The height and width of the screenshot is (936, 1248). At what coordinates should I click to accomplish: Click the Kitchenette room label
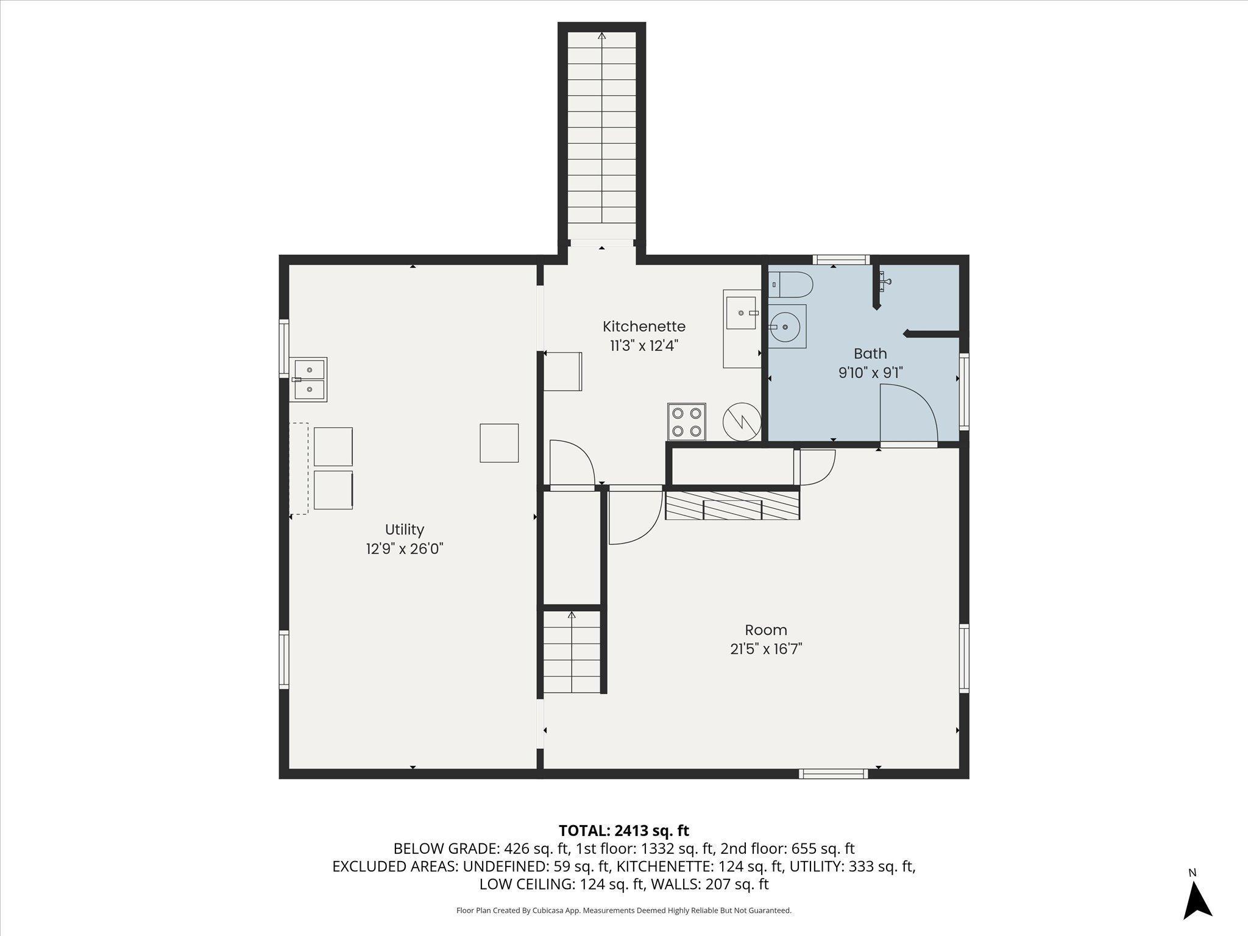tap(644, 327)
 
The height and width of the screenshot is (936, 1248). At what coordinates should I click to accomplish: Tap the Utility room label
tap(404, 530)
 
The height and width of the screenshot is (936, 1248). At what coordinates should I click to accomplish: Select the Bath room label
tap(870, 353)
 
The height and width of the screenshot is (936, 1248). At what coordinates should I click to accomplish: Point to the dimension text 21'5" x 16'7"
tap(766, 649)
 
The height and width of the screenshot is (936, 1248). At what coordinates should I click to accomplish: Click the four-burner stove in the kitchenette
tap(687, 422)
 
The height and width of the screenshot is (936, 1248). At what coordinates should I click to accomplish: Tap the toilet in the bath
tap(791, 284)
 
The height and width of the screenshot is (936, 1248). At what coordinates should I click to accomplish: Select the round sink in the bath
tap(787, 327)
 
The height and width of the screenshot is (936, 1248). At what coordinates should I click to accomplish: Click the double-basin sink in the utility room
tap(310, 379)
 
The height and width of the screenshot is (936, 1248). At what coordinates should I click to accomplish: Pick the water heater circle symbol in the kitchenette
tap(742, 421)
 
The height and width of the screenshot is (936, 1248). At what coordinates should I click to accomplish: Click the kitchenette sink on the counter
tap(741, 313)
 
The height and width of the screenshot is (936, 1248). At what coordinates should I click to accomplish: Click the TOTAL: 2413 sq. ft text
tap(624, 831)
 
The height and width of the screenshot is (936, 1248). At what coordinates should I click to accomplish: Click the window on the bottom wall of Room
tap(833, 774)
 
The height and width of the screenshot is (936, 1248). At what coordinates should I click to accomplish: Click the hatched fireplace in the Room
tap(732, 506)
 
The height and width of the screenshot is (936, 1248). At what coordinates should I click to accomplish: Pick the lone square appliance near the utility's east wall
tap(499, 443)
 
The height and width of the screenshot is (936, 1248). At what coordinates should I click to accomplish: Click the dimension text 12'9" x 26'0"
tap(404, 549)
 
